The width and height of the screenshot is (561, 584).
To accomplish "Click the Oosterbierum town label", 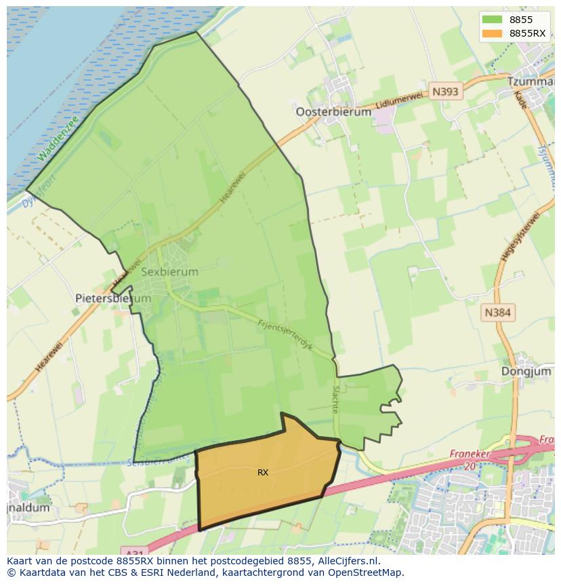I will point(333,112).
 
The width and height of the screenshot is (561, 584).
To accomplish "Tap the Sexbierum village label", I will point(170,271).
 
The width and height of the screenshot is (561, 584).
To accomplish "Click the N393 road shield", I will point(445,92).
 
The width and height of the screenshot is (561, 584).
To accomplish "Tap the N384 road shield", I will point(498,313).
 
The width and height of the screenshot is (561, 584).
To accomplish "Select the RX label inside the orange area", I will point(263,472).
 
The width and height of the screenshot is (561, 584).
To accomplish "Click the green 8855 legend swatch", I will point(492,20).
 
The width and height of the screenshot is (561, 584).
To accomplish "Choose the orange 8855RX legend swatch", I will point(492,33).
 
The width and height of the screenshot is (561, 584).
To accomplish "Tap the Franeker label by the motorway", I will point(469,453).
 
